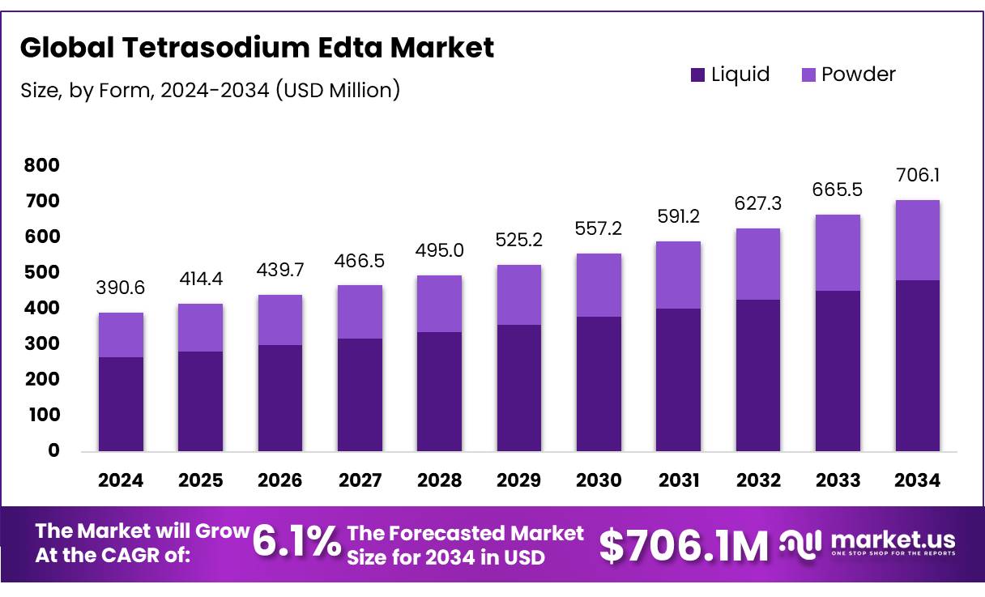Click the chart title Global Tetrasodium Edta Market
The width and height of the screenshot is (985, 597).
point(256,48)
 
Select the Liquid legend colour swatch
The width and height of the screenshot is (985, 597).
point(697,75)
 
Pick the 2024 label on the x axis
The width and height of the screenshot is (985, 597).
point(121,480)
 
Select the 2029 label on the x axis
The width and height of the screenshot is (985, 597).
point(519,480)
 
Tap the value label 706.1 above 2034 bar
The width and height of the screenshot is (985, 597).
point(918,176)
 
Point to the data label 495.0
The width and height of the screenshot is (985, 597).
point(440,250)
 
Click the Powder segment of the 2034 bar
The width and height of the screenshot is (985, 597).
point(918,240)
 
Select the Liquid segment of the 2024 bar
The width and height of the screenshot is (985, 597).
point(121,403)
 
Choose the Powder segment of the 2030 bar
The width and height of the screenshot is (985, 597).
point(599,285)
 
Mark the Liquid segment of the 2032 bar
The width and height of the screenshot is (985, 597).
point(758,375)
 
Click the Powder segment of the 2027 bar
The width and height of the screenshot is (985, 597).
point(360,312)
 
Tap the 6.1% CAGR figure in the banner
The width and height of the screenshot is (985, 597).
point(296,544)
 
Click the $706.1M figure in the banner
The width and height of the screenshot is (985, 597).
point(684,546)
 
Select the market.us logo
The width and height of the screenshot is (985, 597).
point(868,543)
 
